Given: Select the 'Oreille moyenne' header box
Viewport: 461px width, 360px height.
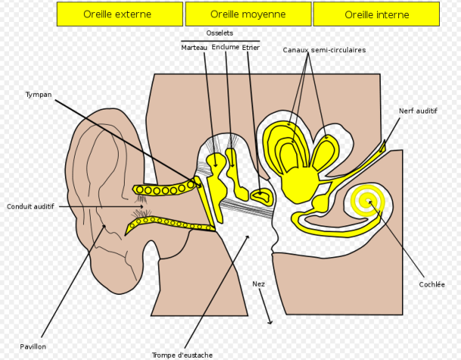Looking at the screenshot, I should point(247,14).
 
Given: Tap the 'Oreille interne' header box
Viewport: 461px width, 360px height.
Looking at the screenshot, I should point(376,14).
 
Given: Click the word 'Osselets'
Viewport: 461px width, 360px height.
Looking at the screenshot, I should point(219,33).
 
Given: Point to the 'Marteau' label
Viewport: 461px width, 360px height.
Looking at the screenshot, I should point(194,48).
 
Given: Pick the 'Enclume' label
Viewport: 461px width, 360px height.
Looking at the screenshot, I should point(225,48).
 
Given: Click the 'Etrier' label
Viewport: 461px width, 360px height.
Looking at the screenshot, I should point(252,48).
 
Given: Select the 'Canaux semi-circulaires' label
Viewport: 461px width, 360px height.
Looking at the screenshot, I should point(324,50).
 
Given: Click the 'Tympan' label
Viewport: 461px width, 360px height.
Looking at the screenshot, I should point(38,95).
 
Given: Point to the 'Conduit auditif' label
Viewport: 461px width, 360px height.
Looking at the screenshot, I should point(30,206).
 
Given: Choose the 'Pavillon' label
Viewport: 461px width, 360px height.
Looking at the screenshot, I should point(33,346).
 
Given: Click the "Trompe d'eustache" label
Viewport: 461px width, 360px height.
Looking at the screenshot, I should point(182,355).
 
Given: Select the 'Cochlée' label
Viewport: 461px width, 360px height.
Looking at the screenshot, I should point(431,284).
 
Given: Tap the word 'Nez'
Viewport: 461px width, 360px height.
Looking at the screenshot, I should point(258,284).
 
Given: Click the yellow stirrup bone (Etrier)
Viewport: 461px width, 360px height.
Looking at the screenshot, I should point(262,196).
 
